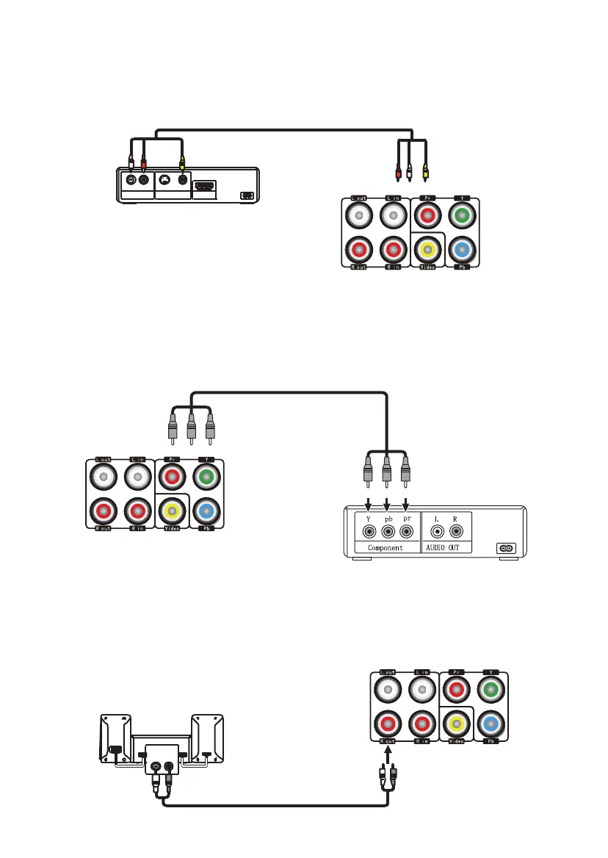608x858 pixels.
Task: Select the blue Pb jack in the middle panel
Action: click(206, 510)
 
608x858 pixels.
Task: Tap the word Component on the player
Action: click(385, 547)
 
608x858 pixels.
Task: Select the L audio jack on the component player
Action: click(438, 530)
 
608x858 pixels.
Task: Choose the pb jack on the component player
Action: click(386, 530)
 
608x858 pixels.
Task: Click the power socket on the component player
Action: click(505, 547)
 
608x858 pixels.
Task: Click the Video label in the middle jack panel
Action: click(172, 527)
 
